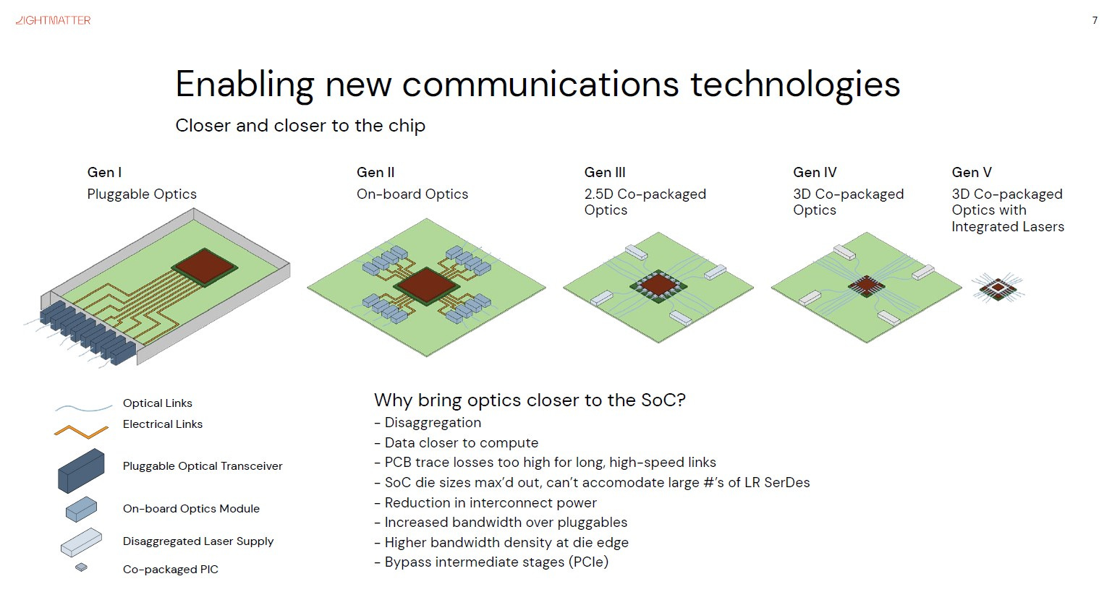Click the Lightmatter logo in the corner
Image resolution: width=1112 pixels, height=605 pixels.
pos(53,20)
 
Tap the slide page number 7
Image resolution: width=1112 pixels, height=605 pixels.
pos(1095,21)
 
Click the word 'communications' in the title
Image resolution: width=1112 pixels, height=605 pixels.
pos(540,84)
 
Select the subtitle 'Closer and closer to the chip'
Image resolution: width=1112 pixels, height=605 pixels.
pos(300,126)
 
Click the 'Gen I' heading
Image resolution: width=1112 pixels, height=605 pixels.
pos(104,172)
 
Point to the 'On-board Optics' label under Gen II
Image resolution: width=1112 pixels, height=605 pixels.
pos(412,194)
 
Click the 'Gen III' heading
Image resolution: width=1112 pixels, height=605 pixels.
pos(605,172)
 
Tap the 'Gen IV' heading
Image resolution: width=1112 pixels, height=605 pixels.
pos(815,172)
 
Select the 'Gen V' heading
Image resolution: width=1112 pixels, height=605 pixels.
pos(971,172)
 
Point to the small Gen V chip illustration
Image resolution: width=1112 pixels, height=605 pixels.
pos(998,288)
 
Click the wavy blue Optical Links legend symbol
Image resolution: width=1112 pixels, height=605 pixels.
pos(83,407)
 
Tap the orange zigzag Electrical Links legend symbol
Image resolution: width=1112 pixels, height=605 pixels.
pos(81,432)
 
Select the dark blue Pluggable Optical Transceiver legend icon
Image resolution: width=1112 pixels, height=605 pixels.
pos(81,470)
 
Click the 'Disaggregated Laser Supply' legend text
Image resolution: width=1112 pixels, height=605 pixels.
pos(198,541)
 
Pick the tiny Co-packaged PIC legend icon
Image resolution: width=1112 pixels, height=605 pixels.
pos(82,567)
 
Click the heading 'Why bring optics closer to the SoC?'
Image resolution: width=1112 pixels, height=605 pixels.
pos(529,400)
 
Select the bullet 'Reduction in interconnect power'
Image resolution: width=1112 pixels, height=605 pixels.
pos(491,502)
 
